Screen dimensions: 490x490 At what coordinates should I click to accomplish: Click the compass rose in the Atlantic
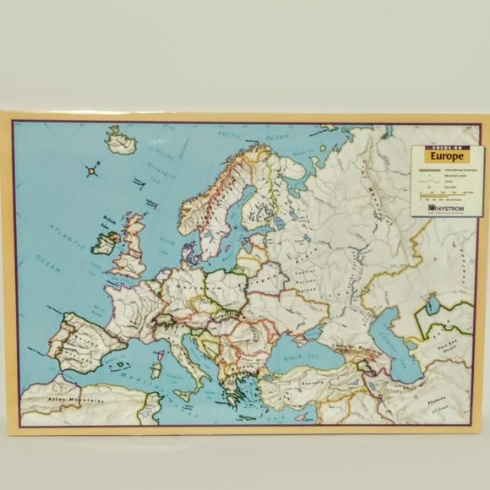pyautogui.click(x=91, y=172)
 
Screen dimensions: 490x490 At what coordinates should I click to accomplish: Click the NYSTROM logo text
pyautogui.click(x=448, y=205)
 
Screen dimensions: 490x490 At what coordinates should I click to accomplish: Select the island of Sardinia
pyautogui.click(x=155, y=370)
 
